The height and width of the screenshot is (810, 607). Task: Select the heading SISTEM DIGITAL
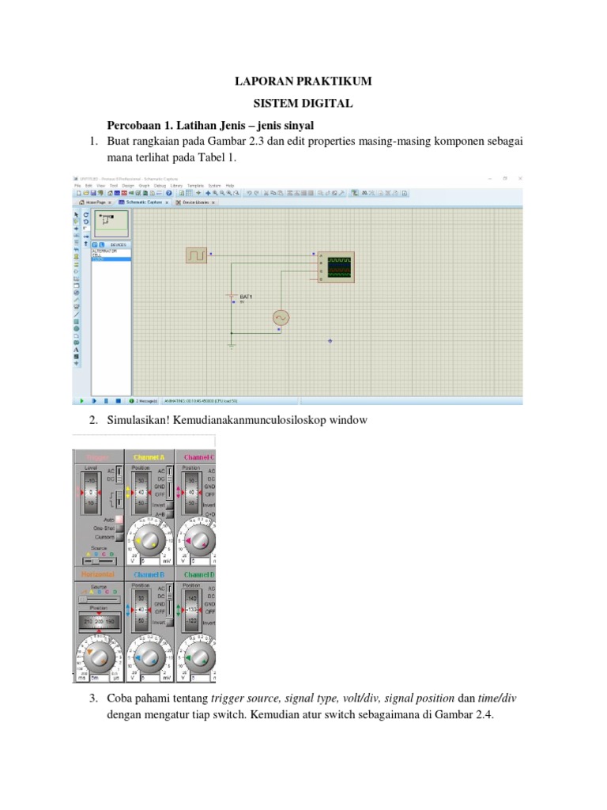303,104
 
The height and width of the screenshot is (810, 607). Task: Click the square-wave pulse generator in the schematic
196,255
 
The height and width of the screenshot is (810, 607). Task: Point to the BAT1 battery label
246,296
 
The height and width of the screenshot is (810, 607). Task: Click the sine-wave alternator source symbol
281,317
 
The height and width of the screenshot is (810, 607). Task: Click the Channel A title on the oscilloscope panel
149,457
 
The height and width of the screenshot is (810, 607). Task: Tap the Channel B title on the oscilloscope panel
149,575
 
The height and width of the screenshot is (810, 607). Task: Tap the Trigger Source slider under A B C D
99,562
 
